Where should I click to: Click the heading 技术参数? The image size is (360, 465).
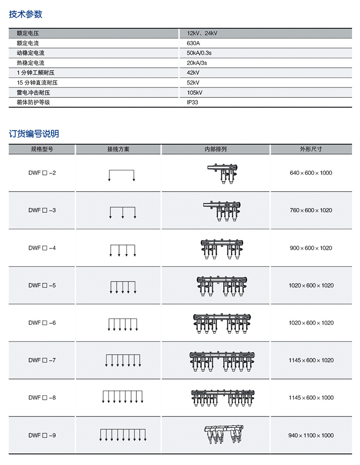pos(26,14)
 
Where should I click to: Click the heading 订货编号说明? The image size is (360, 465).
pos(34,134)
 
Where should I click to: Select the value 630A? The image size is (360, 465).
pos(193,43)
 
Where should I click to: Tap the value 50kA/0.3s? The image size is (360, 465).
pos(200,53)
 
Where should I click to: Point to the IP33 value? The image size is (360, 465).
pos(192,102)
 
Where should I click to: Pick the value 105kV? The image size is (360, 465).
pos(194,92)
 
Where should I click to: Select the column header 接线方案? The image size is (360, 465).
pos(118,149)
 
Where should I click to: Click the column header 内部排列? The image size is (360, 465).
pos(216,149)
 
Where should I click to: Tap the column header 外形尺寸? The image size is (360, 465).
pos(311,149)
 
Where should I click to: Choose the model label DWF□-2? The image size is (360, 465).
pos(42,172)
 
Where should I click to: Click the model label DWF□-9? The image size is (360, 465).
pos(42,435)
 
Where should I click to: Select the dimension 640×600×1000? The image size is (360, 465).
pos(311,172)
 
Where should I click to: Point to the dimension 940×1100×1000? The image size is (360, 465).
pos(311,435)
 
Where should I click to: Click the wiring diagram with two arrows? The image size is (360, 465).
pos(122,175)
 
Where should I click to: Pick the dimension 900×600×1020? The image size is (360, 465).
pos(311,248)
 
